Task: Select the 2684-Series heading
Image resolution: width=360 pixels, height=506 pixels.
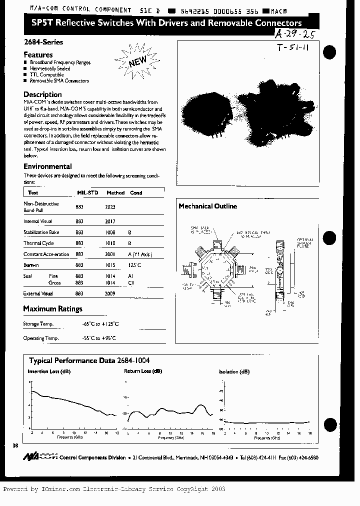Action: (43, 42)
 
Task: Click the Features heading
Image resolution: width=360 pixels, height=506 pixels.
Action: (38, 54)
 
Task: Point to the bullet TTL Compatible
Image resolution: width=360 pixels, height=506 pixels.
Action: (46, 74)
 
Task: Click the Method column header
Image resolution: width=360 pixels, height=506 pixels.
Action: (115, 192)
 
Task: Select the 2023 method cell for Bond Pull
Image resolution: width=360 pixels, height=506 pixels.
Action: (110, 206)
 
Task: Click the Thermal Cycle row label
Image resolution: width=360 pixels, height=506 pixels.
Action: (38, 243)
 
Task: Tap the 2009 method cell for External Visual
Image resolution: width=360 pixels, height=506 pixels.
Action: (110, 294)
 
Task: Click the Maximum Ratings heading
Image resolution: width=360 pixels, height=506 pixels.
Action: (52, 309)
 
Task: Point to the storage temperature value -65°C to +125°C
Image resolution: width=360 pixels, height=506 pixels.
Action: (100, 324)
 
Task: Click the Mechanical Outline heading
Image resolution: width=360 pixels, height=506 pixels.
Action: (207, 206)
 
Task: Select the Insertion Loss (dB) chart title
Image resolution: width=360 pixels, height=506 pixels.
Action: (49, 371)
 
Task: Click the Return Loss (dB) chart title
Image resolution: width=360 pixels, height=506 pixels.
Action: (143, 371)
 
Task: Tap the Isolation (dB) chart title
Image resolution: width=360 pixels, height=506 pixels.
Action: (234, 372)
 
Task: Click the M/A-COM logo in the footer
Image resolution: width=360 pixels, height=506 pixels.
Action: (40, 457)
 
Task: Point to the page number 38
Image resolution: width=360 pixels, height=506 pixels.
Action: (14, 445)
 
